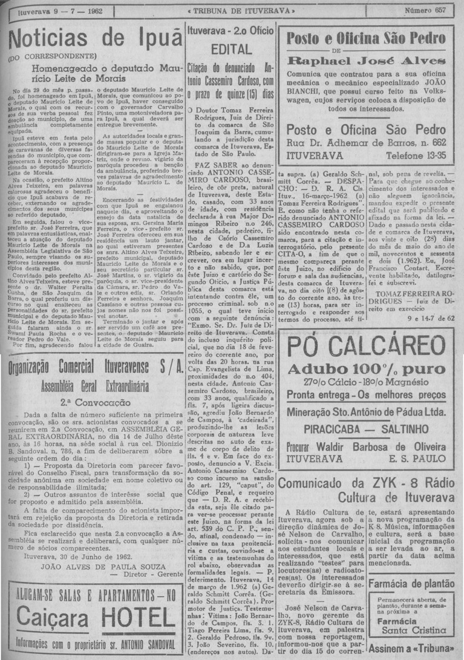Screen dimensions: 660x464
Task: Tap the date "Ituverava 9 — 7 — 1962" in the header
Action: click(50, 11)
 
